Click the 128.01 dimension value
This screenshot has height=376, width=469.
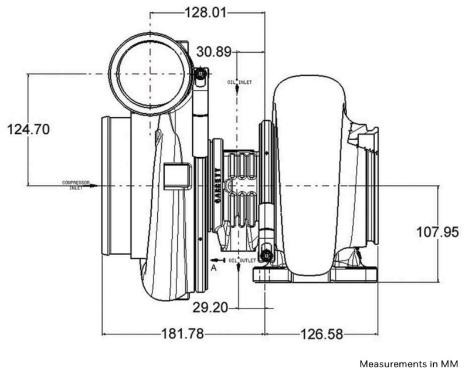point(205,12)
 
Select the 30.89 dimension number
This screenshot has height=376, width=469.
point(213,52)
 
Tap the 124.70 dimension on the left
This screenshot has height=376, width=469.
point(28,129)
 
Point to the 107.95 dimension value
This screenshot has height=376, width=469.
point(437,232)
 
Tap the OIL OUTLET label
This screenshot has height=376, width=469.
point(244,260)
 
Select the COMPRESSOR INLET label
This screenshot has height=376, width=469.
point(76,185)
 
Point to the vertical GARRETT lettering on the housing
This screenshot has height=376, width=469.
point(217,185)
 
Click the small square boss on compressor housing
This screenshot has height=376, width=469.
point(176,176)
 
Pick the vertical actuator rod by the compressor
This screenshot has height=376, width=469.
point(200,117)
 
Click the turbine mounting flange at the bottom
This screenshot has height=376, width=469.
point(315,276)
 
